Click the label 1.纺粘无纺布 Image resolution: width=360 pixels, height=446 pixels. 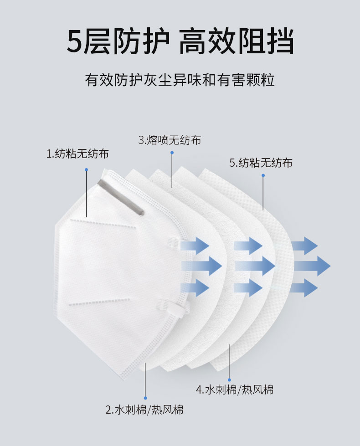(77, 154)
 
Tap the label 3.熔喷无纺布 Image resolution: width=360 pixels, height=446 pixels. (170, 140)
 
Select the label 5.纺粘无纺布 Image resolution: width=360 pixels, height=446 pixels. (261, 163)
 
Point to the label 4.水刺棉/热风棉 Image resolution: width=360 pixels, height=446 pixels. (235, 390)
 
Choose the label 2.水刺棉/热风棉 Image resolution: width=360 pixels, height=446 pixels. (144, 410)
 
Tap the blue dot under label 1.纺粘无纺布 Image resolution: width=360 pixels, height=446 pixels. (86, 170)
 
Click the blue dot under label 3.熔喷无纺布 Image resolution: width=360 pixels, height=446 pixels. (172, 153)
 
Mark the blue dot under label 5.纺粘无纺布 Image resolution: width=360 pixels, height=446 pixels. (263, 175)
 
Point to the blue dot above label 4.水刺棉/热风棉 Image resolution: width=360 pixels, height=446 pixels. (229, 380)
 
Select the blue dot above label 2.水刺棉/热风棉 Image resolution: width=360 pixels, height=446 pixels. (145, 398)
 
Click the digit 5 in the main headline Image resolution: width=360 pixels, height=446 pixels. (75, 41)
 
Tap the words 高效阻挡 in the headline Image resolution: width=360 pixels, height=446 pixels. (236, 41)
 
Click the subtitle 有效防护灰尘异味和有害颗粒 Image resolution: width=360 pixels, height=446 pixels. (180, 80)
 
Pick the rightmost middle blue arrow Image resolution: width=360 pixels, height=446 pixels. (312, 266)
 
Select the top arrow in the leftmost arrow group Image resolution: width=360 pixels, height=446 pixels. (195, 246)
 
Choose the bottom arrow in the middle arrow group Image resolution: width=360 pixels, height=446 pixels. (248, 288)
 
